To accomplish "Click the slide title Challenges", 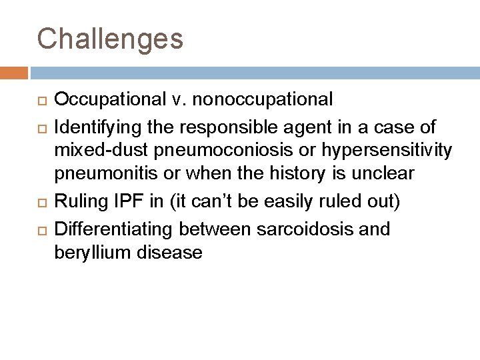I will coord(110,39).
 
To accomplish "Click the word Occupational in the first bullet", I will coord(110,100).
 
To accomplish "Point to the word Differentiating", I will coord(114,229).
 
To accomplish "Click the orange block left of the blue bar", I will coord(14,72).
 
